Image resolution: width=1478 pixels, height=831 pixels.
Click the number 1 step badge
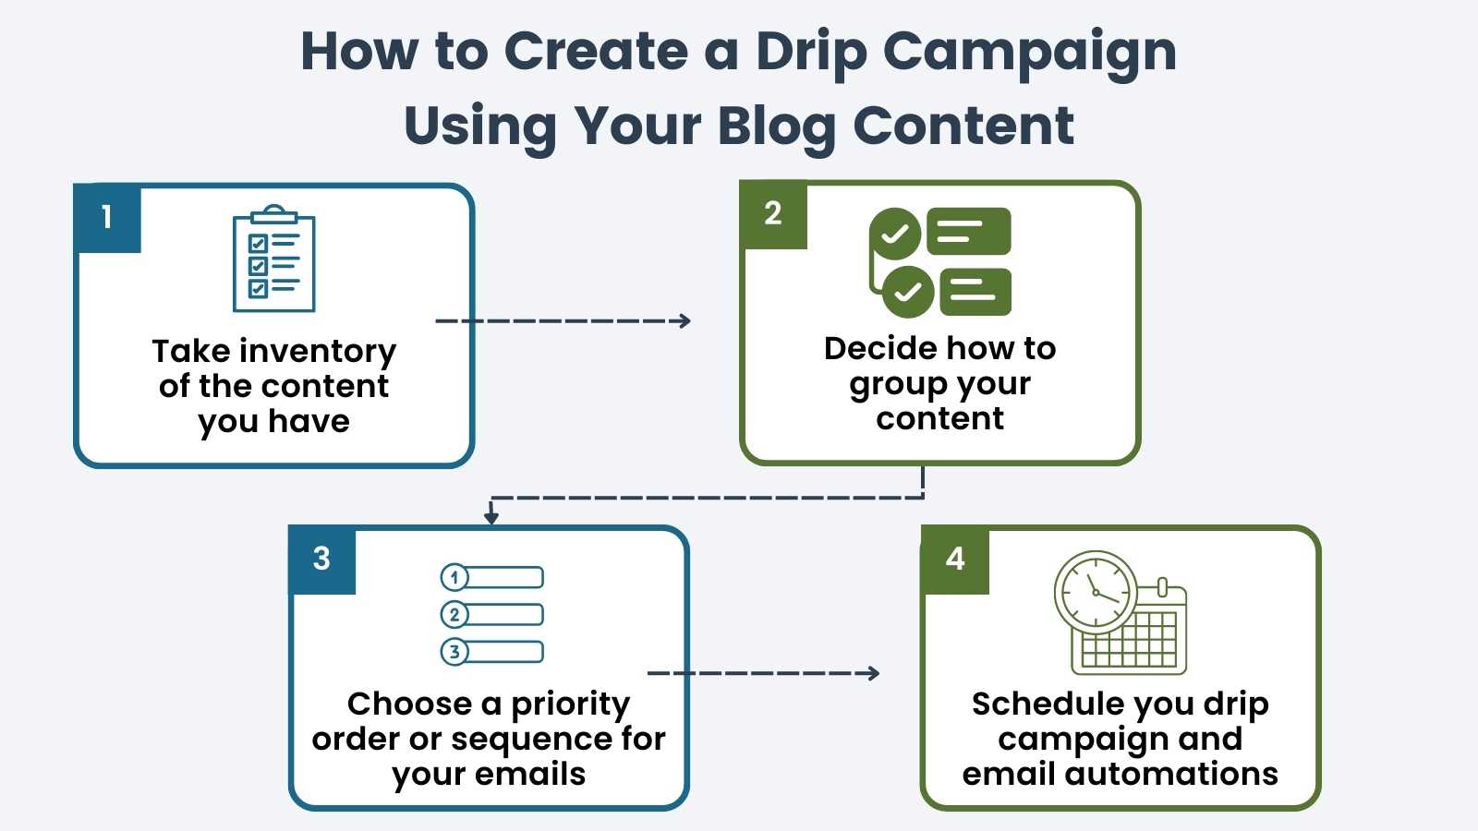pos(107,218)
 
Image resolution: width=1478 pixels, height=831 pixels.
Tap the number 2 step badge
pos(774,214)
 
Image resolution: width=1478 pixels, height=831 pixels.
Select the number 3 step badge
pos(322,560)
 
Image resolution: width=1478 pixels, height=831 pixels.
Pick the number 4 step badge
pos(955,560)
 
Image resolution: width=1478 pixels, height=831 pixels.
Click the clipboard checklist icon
pos(273,259)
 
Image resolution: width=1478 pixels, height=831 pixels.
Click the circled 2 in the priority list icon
pos(454,615)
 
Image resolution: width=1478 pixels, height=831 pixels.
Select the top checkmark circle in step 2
pos(894,234)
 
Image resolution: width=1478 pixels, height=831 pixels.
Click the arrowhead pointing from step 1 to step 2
pos(684,321)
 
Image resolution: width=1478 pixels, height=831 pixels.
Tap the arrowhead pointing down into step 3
pos(491,517)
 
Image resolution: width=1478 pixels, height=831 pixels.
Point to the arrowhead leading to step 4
pos(873,673)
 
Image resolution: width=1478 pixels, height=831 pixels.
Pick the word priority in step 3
pos(570,705)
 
